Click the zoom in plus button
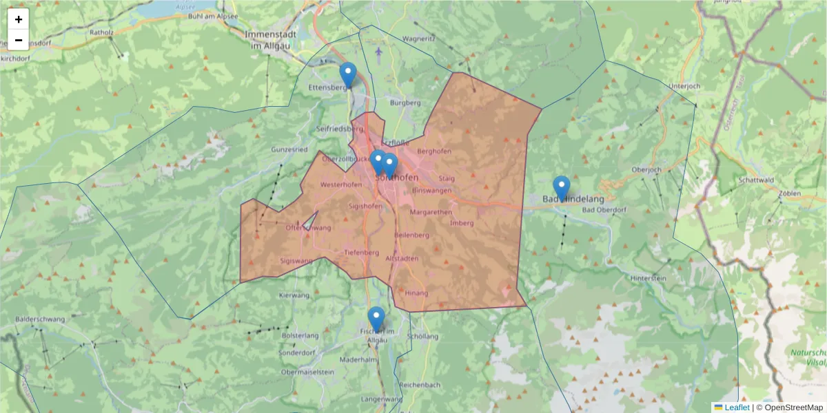tap(19, 19)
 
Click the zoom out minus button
tap(19, 40)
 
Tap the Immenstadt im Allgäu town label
tap(269, 39)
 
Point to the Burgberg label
tap(405, 103)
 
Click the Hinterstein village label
tap(649, 277)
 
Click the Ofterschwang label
tap(308, 228)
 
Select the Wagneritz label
tap(419, 39)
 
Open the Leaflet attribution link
tap(737, 407)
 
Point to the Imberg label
tap(461, 222)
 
